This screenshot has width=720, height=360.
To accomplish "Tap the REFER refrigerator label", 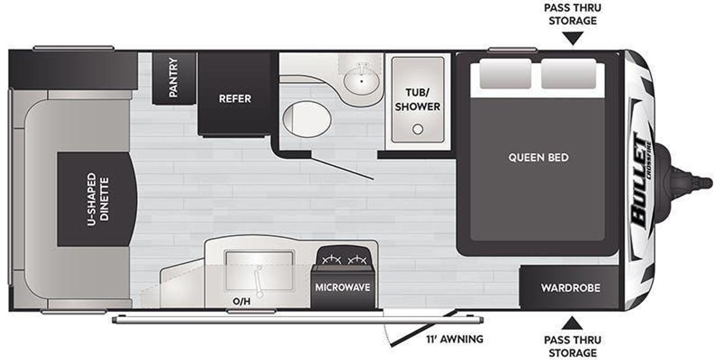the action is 235,98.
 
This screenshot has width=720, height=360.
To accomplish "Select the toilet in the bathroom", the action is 307,119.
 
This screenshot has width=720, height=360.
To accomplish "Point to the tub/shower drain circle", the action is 418,129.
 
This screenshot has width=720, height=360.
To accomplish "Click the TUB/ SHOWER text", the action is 417,100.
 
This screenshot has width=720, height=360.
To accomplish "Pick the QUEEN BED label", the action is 538,157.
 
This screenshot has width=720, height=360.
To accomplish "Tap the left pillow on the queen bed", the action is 505,74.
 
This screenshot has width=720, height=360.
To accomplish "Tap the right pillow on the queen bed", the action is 568,74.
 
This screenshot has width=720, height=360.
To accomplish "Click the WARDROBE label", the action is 570,288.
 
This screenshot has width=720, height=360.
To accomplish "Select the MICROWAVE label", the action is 343,287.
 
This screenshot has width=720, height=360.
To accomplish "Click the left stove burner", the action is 331,259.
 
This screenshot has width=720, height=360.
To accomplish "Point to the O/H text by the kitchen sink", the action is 241,301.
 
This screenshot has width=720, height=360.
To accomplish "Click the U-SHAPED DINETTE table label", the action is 98,199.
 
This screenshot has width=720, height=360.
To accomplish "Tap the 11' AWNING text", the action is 455,339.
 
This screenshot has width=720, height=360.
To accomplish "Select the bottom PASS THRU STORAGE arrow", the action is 572,323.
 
